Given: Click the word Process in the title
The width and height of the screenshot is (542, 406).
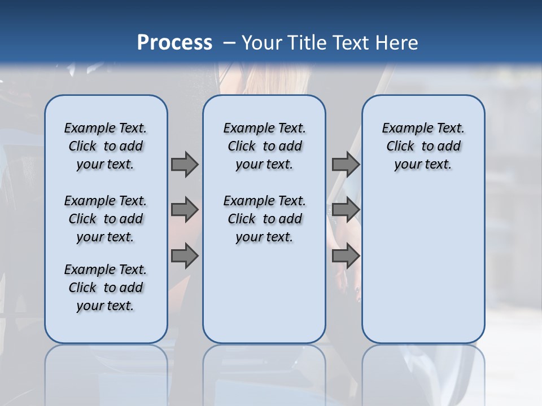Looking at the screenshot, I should (x=174, y=42).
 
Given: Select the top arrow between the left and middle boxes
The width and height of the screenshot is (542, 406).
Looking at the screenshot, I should (x=185, y=164).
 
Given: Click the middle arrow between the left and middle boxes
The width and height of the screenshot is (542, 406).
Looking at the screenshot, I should (x=185, y=210).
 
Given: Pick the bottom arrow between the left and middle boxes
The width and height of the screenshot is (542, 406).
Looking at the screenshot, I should (x=185, y=255).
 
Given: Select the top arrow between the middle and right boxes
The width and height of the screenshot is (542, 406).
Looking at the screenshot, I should (x=346, y=164).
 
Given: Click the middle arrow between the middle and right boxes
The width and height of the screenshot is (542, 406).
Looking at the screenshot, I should (x=346, y=210).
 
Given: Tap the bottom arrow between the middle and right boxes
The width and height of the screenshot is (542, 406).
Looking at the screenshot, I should (x=346, y=255).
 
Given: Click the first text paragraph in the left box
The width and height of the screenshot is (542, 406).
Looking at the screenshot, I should (x=106, y=146).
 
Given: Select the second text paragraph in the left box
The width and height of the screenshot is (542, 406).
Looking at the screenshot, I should (x=106, y=219).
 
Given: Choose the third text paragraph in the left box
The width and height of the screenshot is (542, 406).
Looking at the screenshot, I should (x=106, y=288).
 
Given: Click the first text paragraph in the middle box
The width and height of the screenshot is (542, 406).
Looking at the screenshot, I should (x=264, y=146).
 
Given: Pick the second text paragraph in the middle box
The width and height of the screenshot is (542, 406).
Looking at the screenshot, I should (x=264, y=219).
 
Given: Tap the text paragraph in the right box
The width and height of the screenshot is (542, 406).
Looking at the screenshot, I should (x=423, y=146).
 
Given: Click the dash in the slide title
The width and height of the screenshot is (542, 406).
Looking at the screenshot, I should (x=229, y=43).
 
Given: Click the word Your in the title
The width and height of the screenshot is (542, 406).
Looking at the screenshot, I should (x=262, y=42).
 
